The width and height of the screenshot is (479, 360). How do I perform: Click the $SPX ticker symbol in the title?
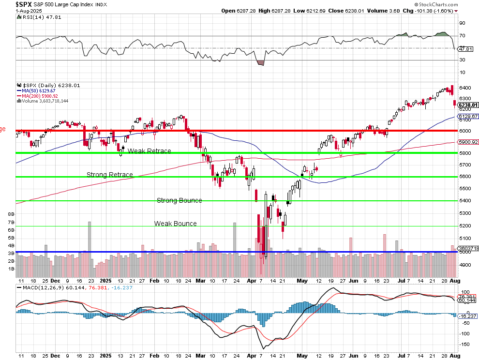[x=25, y=4]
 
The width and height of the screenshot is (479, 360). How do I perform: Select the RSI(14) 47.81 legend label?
[x=35, y=17]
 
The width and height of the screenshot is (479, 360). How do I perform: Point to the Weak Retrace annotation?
[x=149, y=151]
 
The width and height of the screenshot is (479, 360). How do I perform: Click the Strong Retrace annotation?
[x=110, y=175]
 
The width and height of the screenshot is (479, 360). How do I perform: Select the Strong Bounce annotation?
[x=179, y=200]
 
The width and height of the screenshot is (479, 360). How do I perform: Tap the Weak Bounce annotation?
[x=175, y=224]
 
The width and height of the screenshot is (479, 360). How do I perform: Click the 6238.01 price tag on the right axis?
[x=468, y=105]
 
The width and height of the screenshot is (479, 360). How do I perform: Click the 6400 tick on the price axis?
[x=465, y=88]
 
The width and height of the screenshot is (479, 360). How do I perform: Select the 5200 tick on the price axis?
[x=465, y=226]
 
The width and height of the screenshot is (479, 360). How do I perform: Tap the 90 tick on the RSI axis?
[x=462, y=23]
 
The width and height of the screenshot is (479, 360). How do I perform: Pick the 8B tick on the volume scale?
[x=11, y=213]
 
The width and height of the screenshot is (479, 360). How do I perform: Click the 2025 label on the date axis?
[x=106, y=281]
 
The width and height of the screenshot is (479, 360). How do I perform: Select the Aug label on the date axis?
[x=454, y=281]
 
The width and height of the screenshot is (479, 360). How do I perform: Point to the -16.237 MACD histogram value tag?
[x=468, y=316]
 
